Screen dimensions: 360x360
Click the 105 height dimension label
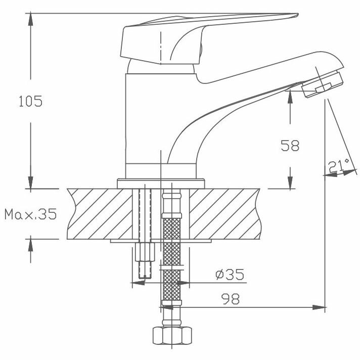click(x=30, y=101)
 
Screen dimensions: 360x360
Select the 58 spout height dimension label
click(x=290, y=146)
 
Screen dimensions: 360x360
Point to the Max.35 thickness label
click(x=30, y=214)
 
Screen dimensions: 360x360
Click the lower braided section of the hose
click(x=171, y=283)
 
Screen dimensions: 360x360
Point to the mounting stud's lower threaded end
click(x=145, y=268)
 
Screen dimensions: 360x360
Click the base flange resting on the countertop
click(x=161, y=183)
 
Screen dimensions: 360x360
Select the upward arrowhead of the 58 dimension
click(x=290, y=94)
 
